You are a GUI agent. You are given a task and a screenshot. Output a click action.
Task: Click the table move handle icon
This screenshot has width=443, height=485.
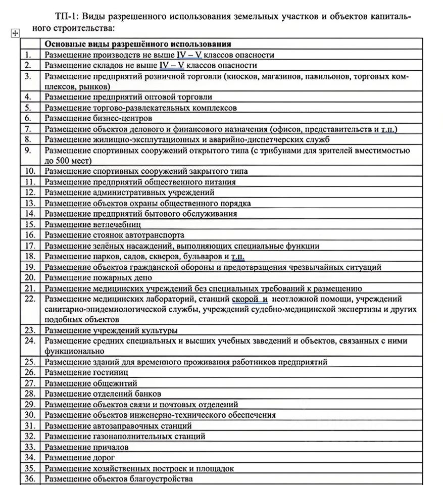tap(15, 33)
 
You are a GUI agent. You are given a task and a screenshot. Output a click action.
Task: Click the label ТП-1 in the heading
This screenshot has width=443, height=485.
tap(65, 16)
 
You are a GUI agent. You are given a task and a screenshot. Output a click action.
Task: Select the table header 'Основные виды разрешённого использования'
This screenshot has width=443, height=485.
tap(138, 44)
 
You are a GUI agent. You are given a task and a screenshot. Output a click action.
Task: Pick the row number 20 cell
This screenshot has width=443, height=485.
tap(30, 277)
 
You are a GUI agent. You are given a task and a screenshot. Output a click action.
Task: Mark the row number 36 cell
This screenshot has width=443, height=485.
tap(30, 479)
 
